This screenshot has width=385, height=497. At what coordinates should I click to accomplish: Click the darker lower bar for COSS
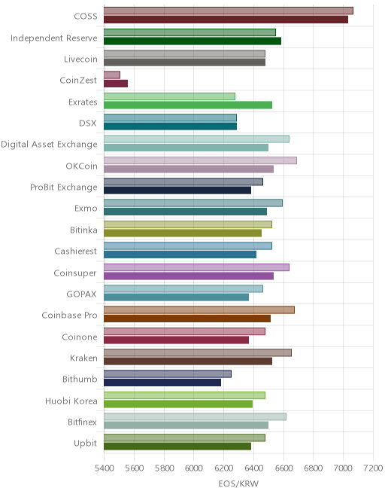(x=226, y=20)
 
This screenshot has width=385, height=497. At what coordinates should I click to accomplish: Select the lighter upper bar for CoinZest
(x=112, y=75)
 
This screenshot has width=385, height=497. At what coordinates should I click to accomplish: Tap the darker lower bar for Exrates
(x=188, y=105)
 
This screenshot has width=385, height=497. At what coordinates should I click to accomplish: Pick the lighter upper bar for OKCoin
(x=200, y=160)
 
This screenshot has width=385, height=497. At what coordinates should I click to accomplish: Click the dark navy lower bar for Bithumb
(x=162, y=383)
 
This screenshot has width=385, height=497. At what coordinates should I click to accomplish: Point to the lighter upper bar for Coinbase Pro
(x=199, y=309)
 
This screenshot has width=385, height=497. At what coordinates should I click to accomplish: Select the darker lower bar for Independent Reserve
(x=192, y=41)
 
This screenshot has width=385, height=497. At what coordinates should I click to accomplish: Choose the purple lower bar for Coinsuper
(x=189, y=276)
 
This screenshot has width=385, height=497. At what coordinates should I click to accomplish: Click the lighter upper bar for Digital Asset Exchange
(x=196, y=139)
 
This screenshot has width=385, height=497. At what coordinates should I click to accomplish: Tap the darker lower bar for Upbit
(x=177, y=447)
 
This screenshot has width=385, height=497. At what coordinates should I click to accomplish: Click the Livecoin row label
(x=80, y=59)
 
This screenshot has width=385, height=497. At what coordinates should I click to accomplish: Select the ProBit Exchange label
(x=64, y=188)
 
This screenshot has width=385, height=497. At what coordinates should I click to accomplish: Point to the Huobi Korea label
(x=71, y=401)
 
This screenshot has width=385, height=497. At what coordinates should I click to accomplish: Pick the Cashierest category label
(x=76, y=252)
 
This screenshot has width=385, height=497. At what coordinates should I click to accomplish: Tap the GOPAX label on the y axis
(x=81, y=294)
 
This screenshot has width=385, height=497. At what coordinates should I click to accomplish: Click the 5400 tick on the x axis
(x=105, y=468)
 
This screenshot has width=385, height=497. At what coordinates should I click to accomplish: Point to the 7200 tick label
(x=373, y=468)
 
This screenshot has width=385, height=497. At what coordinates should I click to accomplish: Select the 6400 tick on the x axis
(x=253, y=468)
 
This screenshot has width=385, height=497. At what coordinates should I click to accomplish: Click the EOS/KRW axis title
(x=238, y=483)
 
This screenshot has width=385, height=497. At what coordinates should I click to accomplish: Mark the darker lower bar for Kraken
(x=188, y=361)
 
